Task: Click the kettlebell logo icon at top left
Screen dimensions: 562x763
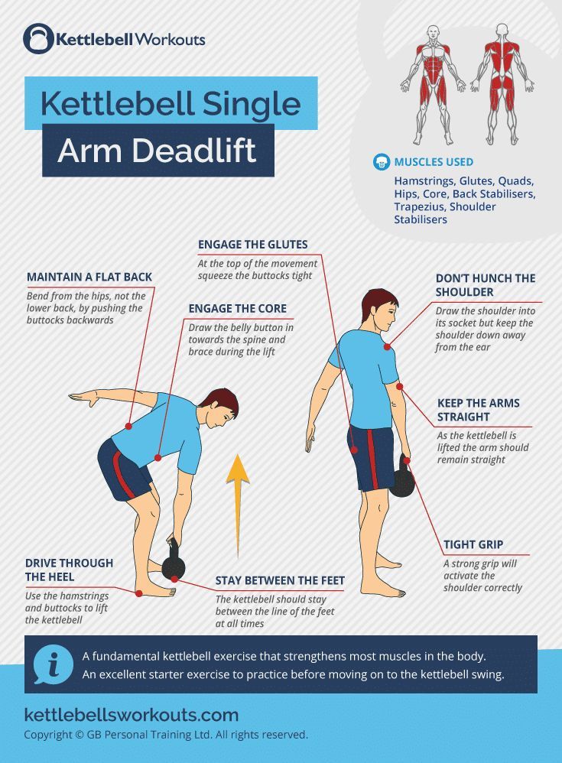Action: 38,38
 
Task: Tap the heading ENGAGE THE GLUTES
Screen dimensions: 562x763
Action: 252,245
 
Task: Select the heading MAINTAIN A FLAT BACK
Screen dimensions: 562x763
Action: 89,277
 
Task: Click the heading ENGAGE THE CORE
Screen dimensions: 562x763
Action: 238,309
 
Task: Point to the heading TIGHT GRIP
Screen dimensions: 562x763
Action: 473,544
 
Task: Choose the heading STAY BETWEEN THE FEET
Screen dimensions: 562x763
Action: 280,580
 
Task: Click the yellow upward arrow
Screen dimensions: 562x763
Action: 238,506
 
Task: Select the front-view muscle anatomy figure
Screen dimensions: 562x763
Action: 433,85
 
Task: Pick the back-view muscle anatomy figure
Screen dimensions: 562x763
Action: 502,84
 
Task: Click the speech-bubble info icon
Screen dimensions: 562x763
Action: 53,664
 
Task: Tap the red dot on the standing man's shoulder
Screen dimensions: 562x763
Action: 387,347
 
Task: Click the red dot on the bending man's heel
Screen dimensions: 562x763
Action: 138,593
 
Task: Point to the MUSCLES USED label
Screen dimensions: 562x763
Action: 434,162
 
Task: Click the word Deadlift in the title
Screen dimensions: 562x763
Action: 194,150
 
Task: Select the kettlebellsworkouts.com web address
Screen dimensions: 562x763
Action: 132,715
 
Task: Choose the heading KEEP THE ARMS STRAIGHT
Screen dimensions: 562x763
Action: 479,410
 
